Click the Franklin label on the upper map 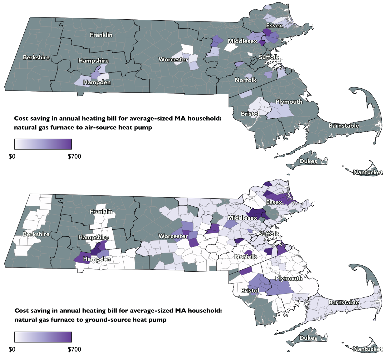101,35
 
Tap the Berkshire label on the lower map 36,234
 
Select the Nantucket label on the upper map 368,172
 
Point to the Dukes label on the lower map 308,338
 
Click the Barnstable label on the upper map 344,126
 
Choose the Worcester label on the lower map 173,236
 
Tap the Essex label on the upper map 274,26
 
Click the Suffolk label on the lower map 269,234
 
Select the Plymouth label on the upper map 289,102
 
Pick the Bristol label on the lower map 250,290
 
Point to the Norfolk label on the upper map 245,80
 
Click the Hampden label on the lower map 97,259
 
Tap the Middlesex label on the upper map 242,41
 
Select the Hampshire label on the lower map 93,237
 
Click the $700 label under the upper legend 74,156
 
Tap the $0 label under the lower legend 12,349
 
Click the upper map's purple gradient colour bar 43,144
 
